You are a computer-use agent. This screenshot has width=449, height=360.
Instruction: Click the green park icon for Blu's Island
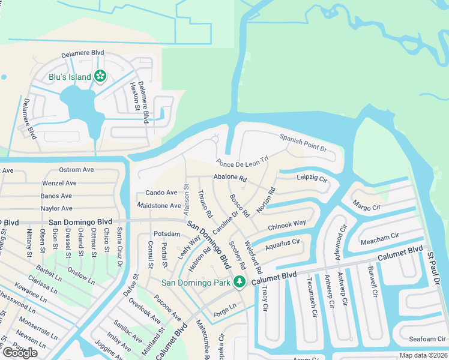coord(100,76)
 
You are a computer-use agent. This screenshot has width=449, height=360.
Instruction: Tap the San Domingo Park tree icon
coord(240,281)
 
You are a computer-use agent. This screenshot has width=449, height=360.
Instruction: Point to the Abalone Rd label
coord(230,178)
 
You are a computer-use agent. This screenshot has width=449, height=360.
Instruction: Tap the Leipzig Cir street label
coord(312,179)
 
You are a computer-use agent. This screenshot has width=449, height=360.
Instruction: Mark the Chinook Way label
coord(287,226)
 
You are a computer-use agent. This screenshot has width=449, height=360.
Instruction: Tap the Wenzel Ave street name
coord(59,183)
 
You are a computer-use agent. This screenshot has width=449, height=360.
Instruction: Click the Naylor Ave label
coord(56,208)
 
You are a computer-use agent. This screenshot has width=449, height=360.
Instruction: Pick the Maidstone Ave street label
coord(158,206)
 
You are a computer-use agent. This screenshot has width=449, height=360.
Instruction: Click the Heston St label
coord(134,95)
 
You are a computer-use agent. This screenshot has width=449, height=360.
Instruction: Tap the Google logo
coord(20,353)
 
